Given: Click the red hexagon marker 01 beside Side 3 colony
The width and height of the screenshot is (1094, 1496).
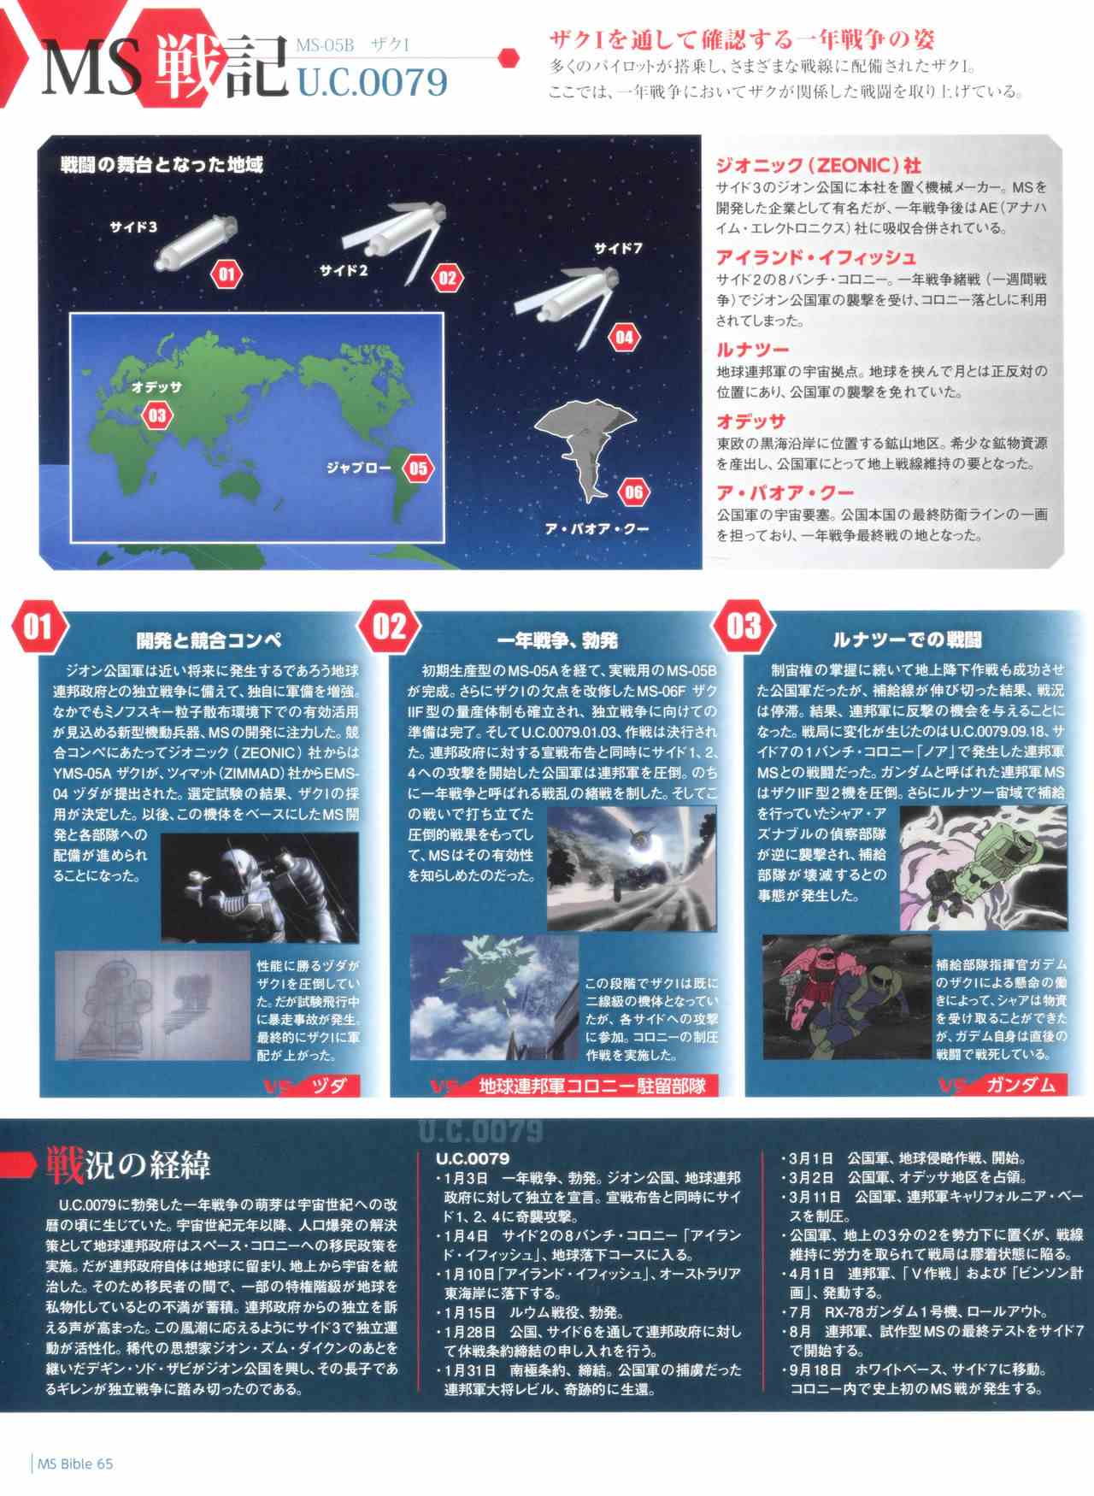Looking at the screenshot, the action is point(226,274).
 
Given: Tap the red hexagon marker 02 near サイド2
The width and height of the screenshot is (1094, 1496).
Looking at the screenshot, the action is point(447,277).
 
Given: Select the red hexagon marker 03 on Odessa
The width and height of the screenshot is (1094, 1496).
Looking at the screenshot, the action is point(157,415).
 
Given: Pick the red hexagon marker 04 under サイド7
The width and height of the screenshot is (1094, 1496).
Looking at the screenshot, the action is point(625,337).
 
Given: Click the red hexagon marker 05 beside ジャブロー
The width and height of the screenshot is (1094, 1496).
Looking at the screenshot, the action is point(418,468).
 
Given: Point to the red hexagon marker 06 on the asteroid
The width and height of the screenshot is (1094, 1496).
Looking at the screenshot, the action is point(633,492).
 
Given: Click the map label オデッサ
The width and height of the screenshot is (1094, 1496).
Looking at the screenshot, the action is point(157,387).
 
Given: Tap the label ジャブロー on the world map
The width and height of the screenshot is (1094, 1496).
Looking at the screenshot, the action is point(358,468).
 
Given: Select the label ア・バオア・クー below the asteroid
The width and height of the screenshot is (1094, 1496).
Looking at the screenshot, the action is point(597,528).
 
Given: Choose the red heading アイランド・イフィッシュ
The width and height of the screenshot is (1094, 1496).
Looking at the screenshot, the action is point(816,256).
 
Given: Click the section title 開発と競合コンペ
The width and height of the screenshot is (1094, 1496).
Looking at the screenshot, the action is point(209,639).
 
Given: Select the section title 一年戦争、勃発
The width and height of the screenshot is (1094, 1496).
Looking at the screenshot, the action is point(558,639).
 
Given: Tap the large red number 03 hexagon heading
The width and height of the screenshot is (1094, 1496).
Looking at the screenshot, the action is point(744,627).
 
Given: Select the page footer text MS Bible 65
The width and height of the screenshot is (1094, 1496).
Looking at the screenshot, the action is point(75,1463).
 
